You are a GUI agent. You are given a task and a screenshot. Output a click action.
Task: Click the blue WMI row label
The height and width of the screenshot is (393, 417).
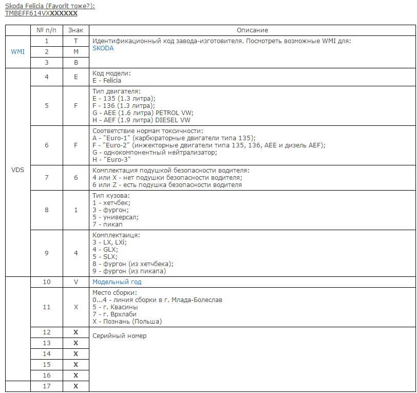click(18, 52)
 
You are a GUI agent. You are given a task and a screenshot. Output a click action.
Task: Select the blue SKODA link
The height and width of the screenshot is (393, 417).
click(103, 48)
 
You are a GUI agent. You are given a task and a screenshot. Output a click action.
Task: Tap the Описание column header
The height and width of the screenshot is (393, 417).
click(252, 30)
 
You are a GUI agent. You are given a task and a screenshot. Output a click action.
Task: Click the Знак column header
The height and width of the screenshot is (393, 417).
click(75, 30)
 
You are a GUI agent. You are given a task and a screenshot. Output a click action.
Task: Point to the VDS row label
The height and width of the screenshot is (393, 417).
click(18, 170)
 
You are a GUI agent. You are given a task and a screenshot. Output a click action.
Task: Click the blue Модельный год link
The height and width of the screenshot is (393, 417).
click(117, 282)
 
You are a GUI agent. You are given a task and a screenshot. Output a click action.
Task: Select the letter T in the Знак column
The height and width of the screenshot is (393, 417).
click(75, 41)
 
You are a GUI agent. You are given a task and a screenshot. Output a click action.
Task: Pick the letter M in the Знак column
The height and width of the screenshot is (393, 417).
click(75, 52)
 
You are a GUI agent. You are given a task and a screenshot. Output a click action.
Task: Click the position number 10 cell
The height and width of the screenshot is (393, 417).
click(47, 282)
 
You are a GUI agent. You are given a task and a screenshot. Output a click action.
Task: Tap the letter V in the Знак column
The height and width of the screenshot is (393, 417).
click(75, 282)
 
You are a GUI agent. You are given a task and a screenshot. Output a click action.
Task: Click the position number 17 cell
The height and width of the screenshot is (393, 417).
click(47, 386)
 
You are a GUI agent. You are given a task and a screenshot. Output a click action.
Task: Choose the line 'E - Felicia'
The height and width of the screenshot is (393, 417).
click(107, 81)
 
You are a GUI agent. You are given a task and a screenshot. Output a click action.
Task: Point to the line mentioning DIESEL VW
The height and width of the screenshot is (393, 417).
click(141, 120)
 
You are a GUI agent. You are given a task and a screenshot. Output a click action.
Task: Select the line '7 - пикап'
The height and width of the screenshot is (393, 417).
click(108, 224)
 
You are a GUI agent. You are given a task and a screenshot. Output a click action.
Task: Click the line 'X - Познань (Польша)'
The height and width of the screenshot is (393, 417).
click(127, 322)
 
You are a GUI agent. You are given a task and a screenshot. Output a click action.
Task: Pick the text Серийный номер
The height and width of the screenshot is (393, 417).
click(119, 336)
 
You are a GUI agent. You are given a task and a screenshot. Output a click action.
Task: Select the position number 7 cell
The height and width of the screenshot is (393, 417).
click(47, 178)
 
